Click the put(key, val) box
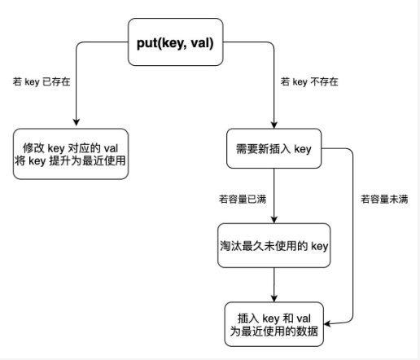click(176, 42)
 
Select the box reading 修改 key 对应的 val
click(71, 154)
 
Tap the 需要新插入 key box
click(274, 148)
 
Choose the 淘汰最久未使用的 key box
click(274, 245)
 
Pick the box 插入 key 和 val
click(274, 324)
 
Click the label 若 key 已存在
click(42, 81)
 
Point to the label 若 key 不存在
click(309, 81)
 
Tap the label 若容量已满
click(243, 200)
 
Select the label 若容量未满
click(384, 200)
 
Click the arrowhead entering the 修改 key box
click(77, 122)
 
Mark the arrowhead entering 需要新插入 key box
click(274, 125)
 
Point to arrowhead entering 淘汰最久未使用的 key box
click(274, 220)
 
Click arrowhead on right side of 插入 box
click(327, 323)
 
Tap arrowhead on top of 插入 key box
click(274, 298)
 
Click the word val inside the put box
click(200, 43)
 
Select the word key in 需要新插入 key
click(303, 149)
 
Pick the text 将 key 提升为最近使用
click(71, 160)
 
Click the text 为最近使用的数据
click(274, 331)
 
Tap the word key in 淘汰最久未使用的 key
click(320, 246)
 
